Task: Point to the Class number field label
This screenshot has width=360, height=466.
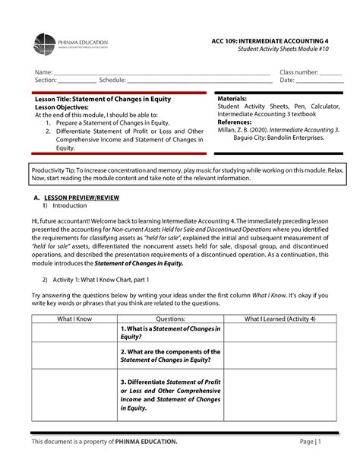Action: coord(300,71)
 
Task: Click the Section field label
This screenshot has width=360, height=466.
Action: coord(45,80)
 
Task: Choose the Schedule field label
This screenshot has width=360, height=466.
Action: coord(112,80)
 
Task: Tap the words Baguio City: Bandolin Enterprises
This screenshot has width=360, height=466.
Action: coord(278,138)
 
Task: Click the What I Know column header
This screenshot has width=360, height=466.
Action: coord(74,319)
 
